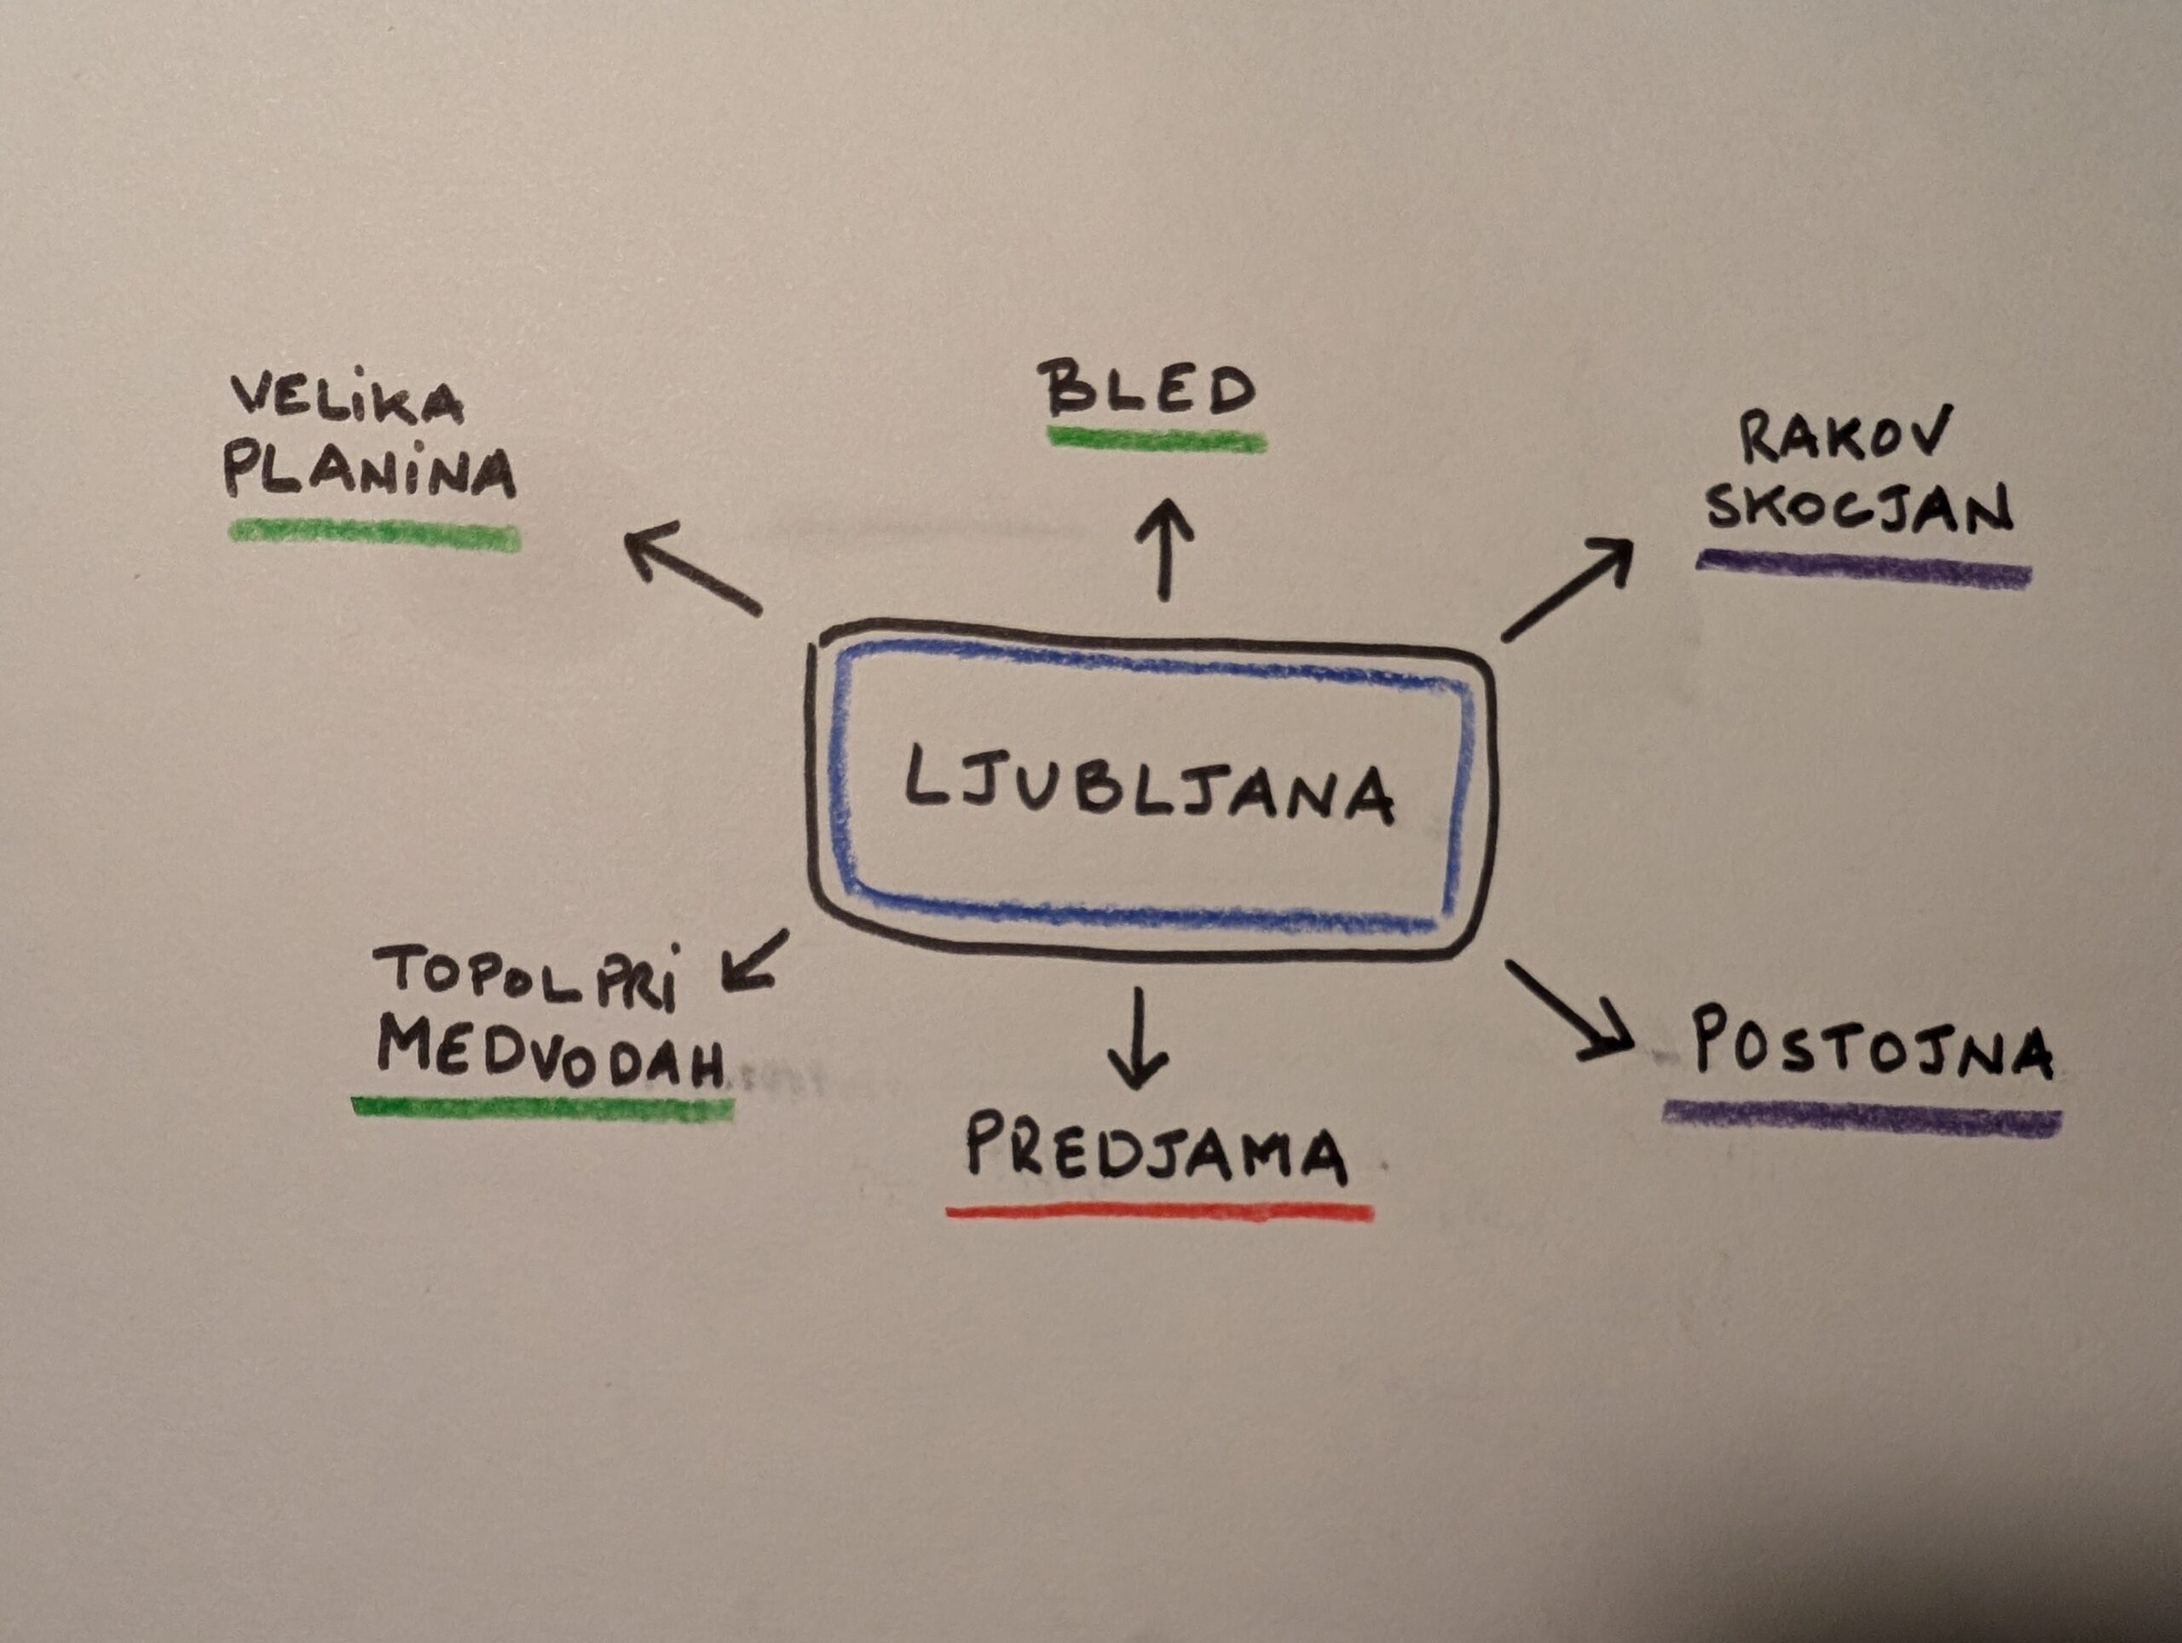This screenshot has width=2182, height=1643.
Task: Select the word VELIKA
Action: (347, 400)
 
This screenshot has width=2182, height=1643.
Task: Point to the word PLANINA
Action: (370, 473)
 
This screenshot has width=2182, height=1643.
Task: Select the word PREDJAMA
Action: (1156, 1150)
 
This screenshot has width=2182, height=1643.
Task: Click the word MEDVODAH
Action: (551, 1053)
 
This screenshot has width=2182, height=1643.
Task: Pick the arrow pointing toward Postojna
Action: (1568, 1010)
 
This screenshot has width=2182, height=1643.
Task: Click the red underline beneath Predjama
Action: (1159, 1211)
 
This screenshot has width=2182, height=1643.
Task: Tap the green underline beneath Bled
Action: (1156, 440)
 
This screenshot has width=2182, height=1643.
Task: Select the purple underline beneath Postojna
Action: (1862, 1118)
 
